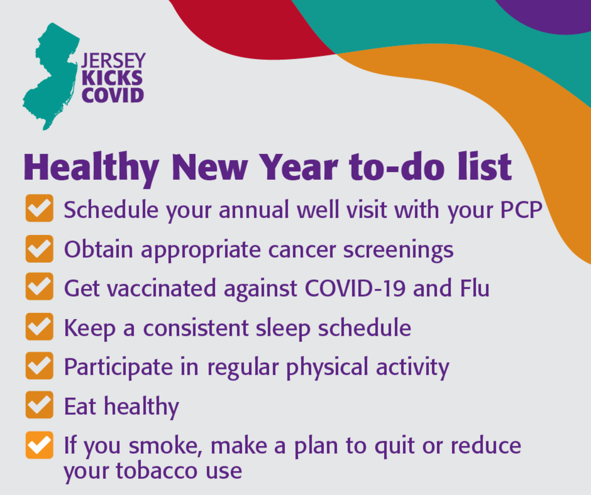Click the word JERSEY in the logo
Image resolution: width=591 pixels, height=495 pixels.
click(113, 60)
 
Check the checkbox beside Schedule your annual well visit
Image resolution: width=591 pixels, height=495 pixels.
click(39, 208)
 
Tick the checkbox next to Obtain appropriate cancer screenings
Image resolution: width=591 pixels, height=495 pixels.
click(39, 249)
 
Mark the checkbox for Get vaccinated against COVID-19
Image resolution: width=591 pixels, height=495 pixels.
click(39, 286)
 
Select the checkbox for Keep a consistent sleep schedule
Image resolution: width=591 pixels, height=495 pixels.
click(39, 327)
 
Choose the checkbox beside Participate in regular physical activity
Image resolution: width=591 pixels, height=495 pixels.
click(39, 366)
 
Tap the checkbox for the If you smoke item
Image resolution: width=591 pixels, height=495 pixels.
click(39, 445)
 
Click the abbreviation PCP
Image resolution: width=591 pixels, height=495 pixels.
click(521, 210)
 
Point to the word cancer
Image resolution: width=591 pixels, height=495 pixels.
click(302, 250)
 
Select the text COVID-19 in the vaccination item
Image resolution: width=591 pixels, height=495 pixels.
click(355, 288)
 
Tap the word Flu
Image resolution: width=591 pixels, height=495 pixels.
click(475, 288)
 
